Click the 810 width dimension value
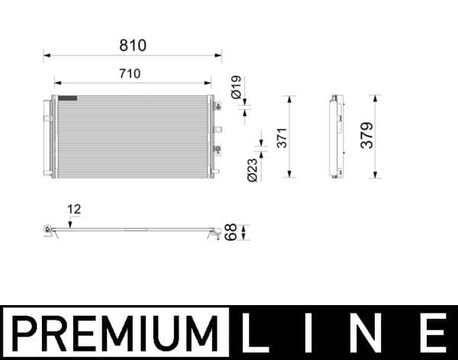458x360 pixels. pos(132,46)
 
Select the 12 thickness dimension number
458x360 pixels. pos(73,208)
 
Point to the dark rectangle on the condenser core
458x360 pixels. pos(68,98)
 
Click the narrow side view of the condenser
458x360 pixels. pos(334,137)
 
